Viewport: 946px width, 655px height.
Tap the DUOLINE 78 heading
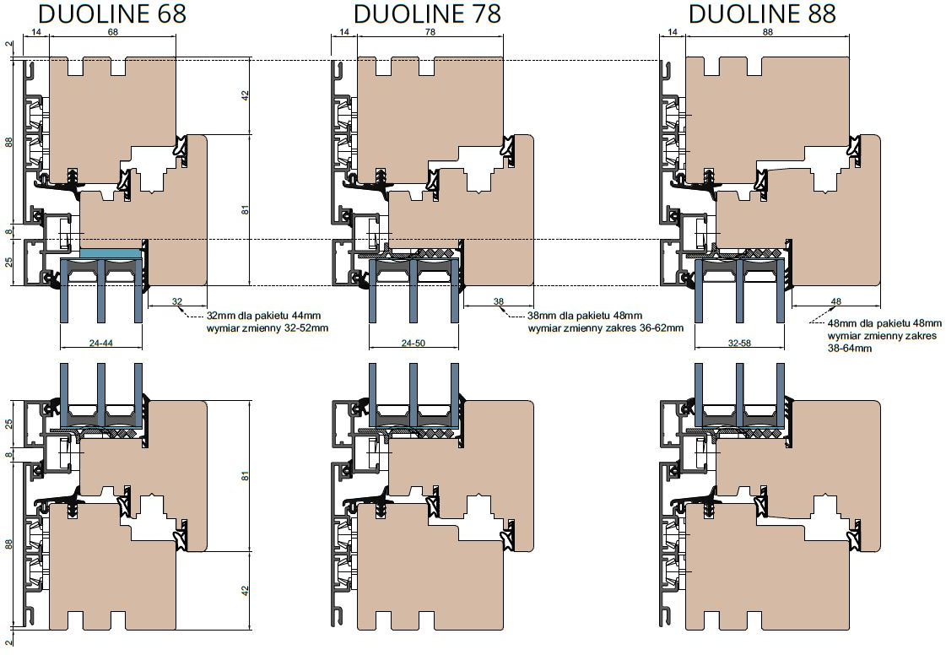click(x=427, y=14)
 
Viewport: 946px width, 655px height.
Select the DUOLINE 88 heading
click(x=762, y=14)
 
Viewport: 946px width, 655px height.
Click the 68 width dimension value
click(x=113, y=32)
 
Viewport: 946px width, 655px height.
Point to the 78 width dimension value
click(x=430, y=32)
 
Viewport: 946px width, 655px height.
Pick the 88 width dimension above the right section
click(x=767, y=32)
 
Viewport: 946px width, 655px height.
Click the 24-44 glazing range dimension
click(x=101, y=344)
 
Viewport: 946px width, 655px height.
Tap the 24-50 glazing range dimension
click(x=414, y=344)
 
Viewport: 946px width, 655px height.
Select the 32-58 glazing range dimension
click(x=739, y=344)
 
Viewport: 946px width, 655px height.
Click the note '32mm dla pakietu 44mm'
click(x=263, y=316)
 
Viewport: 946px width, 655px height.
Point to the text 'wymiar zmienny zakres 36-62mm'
click(x=606, y=328)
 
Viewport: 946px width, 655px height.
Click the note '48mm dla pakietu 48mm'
click(x=884, y=323)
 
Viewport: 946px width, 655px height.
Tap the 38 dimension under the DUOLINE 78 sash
click(x=499, y=301)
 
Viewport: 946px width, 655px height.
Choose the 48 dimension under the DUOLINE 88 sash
click(x=836, y=301)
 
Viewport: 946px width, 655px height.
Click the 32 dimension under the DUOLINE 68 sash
click(x=176, y=301)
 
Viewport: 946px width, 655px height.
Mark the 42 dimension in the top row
click(x=245, y=95)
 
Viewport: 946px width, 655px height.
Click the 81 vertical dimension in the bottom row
click(x=245, y=476)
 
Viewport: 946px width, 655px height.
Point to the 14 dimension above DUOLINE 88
click(x=673, y=32)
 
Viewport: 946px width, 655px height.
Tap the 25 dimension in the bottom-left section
click(x=8, y=423)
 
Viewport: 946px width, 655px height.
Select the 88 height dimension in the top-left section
click(x=8, y=142)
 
